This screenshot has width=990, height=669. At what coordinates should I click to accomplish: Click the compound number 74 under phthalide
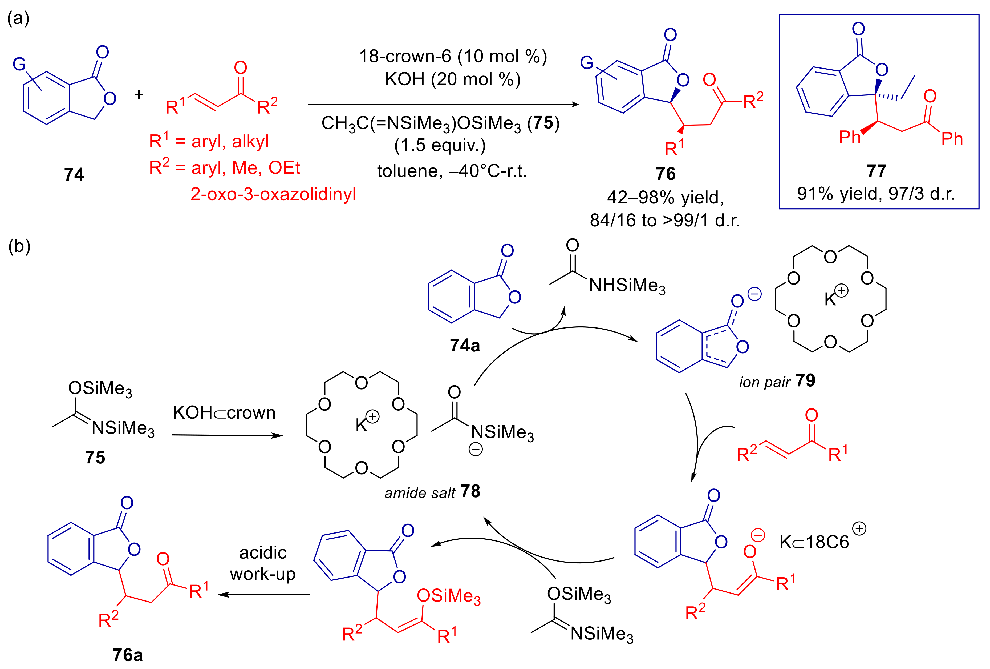[74, 174]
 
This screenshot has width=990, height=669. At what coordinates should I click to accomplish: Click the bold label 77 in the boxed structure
[876, 171]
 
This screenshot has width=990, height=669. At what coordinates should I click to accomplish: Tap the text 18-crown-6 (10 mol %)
[453, 56]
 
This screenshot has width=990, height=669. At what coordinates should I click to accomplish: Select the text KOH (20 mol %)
[453, 79]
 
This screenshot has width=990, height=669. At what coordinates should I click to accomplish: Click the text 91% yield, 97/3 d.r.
[876, 194]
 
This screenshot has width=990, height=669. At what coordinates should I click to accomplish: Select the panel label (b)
[19, 246]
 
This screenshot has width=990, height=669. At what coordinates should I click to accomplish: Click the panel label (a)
[18, 18]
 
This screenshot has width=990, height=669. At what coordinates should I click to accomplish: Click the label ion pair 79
[777, 381]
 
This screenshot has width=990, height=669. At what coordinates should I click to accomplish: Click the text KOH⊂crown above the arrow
[224, 413]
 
